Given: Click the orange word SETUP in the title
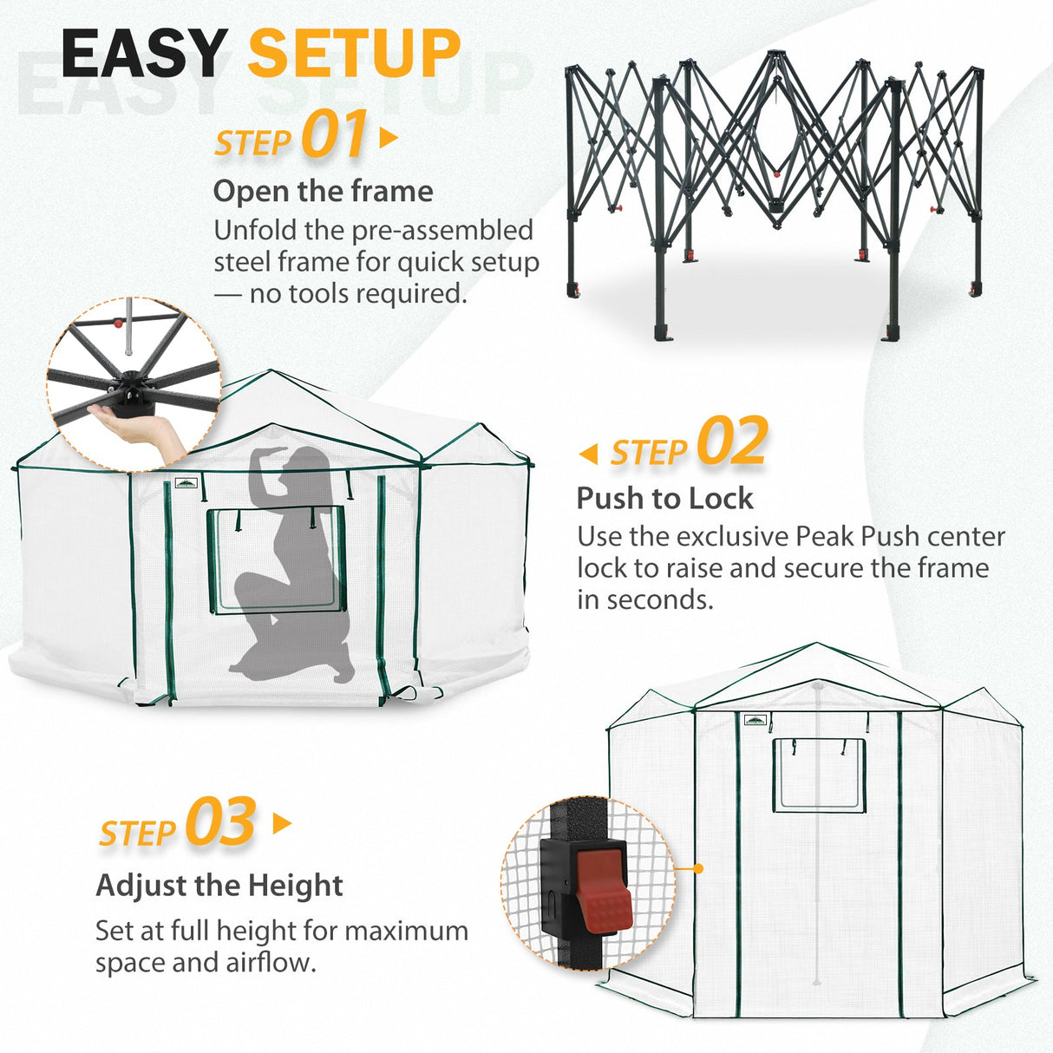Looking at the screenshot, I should [354, 54].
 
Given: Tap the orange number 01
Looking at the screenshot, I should [334, 135].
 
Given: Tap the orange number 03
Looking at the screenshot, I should [220, 822].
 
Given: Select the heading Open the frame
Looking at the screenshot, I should [323, 191].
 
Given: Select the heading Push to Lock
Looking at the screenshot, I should [664, 498].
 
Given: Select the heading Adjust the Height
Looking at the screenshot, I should [219, 885].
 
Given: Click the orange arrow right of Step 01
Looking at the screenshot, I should [389, 138].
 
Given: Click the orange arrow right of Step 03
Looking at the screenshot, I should [282, 823].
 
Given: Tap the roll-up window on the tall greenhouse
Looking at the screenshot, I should [819, 775].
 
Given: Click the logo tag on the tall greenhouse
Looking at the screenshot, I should [756, 720].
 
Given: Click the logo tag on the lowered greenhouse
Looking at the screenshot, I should [186, 483].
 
